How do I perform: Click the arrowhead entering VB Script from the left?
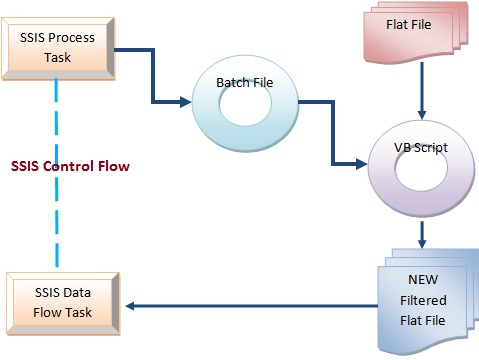[x=363, y=162]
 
